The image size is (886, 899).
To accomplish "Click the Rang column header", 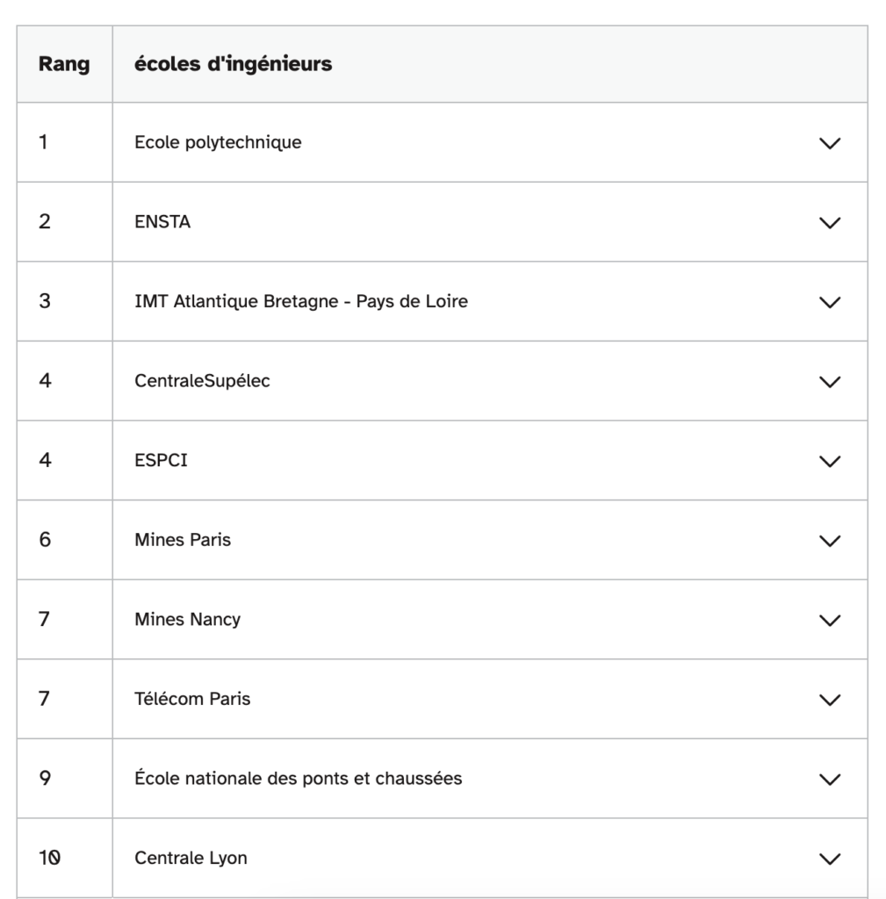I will [x=64, y=65].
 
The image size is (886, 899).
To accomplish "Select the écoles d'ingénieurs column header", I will [x=233, y=64].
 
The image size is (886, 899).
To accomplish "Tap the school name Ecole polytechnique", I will [x=218, y=142].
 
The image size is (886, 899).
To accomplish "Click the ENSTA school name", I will [x=162, y=222].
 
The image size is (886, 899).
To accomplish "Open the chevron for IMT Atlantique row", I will [x=829, y=302].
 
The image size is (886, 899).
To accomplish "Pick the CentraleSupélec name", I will [x=202, y=381].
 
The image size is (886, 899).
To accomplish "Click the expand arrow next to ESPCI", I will [x=829, y=461].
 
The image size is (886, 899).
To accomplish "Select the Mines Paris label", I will [x=183, y=540].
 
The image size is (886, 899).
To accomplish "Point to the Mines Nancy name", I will [x=187, y=620].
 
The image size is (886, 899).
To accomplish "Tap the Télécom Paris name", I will [x=192, y=699].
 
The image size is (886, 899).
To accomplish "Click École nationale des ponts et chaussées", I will [x=298, y=779].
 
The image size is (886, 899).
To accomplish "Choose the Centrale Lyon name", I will [x=191, y=858].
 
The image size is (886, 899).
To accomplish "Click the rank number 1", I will [x=43, y=142].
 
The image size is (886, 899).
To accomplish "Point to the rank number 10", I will [x=49, y=858].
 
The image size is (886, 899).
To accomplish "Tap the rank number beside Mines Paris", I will [x=45, y=540].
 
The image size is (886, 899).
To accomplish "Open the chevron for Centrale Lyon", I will [x=829, y=859].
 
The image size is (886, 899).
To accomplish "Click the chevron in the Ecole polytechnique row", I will [x=829, y=143].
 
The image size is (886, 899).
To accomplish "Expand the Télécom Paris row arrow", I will [x=829, y=700].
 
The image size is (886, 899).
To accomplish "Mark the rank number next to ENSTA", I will [x=45, y=222].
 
